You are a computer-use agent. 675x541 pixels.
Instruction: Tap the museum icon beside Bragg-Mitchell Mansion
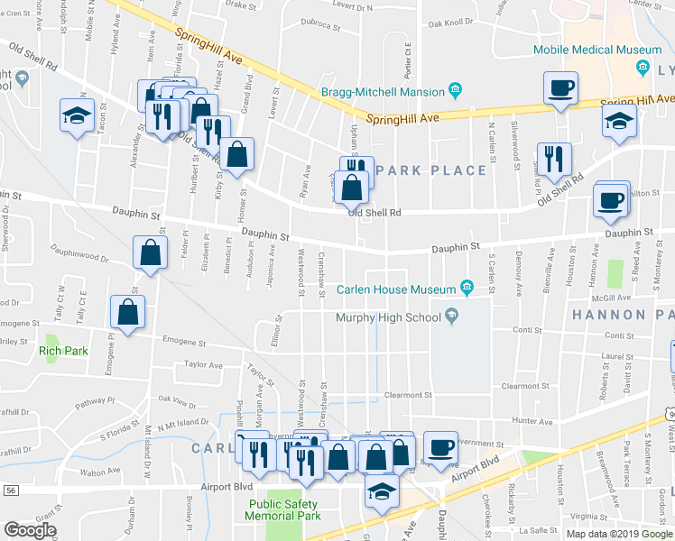[x=456, y=90]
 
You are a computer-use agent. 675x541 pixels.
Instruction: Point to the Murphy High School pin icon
[x=451, y=316]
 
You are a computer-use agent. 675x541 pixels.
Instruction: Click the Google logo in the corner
[x=30, y=530]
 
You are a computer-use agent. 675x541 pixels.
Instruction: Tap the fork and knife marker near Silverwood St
[x=553, y=159]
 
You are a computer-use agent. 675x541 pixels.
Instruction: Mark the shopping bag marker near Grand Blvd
[x=236, y=155]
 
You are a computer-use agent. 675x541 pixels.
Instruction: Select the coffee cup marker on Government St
[x=440, y=448]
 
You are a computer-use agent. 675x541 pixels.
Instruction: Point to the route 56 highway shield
[x=10, y=490]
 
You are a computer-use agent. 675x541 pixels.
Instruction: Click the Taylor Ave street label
[x=203, y=365]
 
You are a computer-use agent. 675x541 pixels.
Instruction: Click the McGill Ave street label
[x=611, y=298]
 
